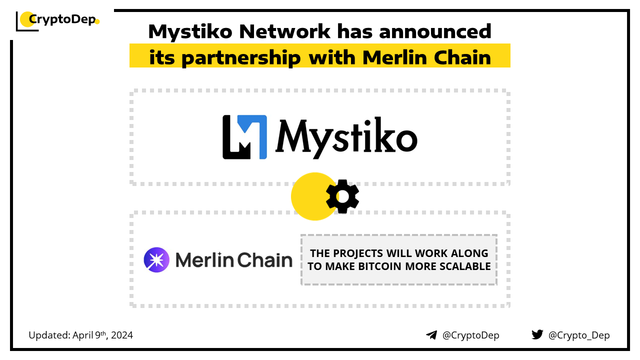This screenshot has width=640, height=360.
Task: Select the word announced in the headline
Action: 435,31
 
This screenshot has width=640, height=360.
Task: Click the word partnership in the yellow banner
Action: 241,58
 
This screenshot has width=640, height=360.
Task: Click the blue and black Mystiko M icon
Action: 245,137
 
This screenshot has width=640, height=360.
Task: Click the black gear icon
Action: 342,196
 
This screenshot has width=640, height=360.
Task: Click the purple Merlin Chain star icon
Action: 156,259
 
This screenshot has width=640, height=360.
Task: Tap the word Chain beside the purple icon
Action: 265,260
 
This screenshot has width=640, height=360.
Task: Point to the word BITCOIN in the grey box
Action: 379,266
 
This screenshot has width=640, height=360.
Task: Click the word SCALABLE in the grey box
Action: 465,266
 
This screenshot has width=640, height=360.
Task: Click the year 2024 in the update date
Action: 122,335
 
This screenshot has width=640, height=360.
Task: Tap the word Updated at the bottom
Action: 49,335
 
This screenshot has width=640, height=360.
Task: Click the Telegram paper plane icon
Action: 431,335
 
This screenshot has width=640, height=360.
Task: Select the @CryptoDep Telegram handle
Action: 470,335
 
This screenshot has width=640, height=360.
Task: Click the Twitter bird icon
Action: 537,334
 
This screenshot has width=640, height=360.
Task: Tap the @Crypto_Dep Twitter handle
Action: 579,335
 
